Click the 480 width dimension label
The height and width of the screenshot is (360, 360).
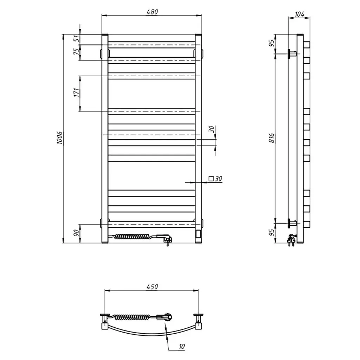click(x=152, y=12)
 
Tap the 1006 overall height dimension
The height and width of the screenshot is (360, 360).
click(x=60, y=138)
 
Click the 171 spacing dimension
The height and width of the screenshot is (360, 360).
click(x=77, y=92)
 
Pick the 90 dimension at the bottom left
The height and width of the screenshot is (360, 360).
click(x=76, y=233)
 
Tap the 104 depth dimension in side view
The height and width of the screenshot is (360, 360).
click(x=300, y=14)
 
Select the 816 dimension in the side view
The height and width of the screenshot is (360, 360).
click(x=272, y=138)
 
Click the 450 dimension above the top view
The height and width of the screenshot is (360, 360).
click(x=152, y=287)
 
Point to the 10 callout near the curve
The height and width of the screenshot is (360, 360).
click(x=181, y=346)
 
